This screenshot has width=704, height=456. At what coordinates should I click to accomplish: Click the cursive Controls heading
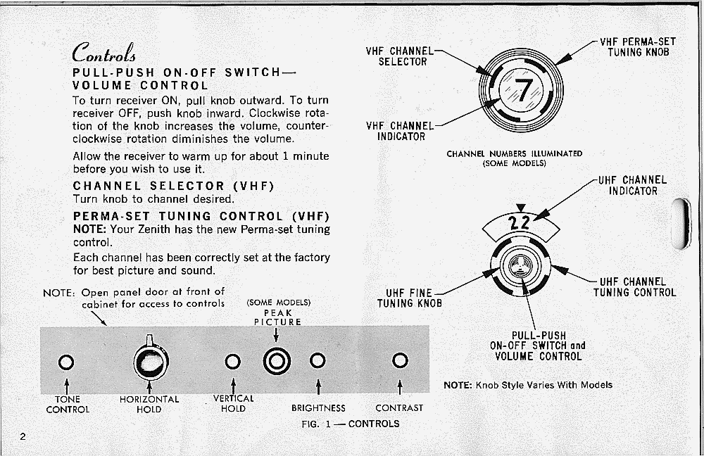[103, 53]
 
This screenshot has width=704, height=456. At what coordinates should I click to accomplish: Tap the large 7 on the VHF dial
[524, 90]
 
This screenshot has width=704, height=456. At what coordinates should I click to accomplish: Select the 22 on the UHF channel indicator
[520, 222]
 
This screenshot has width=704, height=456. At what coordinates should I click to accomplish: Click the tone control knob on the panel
[66, 362]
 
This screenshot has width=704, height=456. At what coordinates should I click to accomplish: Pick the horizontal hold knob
[151, 360]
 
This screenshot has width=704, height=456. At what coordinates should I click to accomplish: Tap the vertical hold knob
[232, 361]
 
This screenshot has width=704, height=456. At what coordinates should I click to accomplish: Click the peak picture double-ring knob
[277, 361]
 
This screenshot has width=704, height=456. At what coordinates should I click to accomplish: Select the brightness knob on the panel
[318, 360]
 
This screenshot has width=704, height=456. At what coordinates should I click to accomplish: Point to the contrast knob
[400, 360]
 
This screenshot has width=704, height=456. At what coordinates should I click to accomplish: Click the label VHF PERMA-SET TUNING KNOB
[638, 47]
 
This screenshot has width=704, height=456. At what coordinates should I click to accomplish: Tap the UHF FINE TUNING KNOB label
[410, 298]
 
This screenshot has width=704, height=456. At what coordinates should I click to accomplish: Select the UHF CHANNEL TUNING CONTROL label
[634, 287]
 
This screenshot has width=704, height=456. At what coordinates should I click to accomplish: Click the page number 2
[23, 436]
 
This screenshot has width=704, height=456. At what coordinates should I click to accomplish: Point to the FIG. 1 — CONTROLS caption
[351, 424]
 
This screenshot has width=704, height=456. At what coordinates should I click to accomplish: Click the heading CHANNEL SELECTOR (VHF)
[173, 186]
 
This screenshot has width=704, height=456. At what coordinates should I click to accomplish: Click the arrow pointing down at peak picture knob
[276, 335]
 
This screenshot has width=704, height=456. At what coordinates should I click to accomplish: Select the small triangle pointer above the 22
[521, 208]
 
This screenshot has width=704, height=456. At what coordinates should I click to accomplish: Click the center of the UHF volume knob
[520, 266]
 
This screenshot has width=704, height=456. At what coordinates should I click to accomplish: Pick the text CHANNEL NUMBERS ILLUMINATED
[515, 153]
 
